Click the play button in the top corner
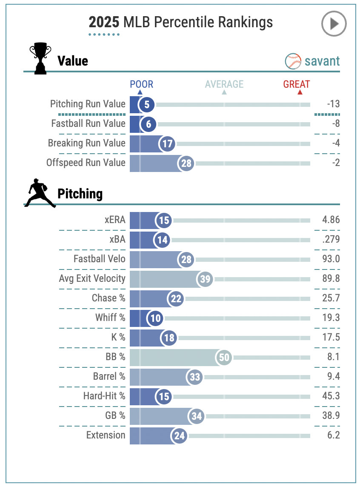point(334,24)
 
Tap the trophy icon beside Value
point(40,60)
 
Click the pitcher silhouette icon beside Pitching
point(40,194)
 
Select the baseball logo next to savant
point(293,61)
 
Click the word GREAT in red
point(297,84)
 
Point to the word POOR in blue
point(141,84)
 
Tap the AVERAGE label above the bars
point(224,84)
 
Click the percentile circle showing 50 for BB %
point(224,357)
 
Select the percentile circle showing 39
point(205,279)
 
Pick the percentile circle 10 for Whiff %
point(154,318)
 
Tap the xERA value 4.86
point(331,220)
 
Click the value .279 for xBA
point(331,240)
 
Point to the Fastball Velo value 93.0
point(331,259)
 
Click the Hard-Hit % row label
point(104,396)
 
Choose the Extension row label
point(106,435)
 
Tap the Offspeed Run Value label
point(86,163)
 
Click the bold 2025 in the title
point(104,22)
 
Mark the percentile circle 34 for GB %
point(196,415)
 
